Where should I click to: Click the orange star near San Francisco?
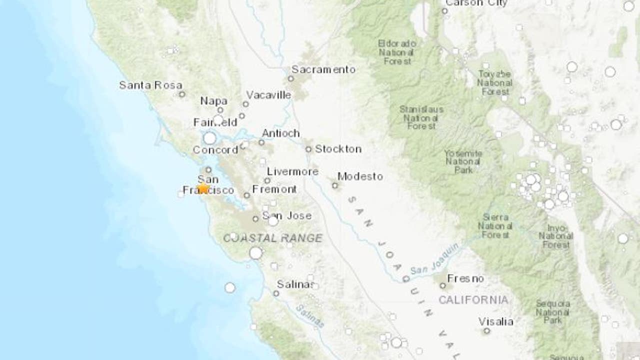(203, 188)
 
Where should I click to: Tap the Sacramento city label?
(323, 69)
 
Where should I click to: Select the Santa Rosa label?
(150, 85)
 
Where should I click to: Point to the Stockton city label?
(338, 149)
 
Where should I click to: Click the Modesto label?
(360, 176)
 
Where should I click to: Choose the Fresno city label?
(465, 278)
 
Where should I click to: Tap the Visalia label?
(495, 321)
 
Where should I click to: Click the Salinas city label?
(295, 284)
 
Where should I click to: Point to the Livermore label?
(292, 171)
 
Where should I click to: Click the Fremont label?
(274, 189)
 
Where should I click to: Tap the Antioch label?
(280, 133)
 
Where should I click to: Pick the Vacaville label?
(268, 95)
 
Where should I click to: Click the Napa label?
(213, 101)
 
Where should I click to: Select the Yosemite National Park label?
(463, 161)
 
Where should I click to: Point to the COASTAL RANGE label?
(272, 238)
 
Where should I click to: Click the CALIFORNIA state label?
(473, 300)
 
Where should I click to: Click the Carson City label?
(475, 3)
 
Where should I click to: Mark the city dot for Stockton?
(308, 149)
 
